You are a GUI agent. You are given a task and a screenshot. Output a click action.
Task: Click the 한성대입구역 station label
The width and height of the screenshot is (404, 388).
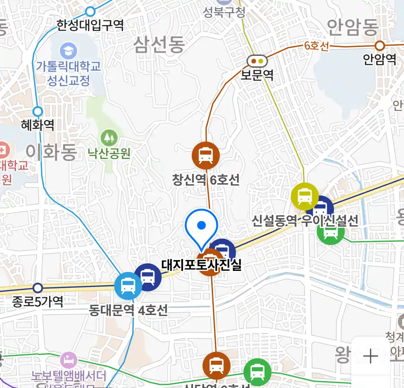tap(90, 25)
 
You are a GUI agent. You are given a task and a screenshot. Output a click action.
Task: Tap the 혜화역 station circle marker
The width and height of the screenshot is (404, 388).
tap(38, 111)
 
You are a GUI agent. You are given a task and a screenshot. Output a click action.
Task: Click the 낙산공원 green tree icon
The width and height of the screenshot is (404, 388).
tap(109, 138)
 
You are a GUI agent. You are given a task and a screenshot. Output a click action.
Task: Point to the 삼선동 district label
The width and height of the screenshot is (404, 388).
tap(159, 45)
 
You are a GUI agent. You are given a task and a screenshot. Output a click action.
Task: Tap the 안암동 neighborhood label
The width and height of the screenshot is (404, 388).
tap(353, 28)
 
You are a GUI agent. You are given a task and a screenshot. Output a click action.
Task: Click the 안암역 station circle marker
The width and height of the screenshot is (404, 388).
tap(380, 46)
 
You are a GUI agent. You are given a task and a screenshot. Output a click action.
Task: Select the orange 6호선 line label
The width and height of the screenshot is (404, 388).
tap(316, 46)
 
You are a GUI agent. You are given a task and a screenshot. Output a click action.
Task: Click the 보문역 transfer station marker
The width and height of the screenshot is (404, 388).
tap(257, 61)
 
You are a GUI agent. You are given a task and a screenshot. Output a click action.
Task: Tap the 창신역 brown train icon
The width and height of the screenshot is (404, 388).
tap(206, 155)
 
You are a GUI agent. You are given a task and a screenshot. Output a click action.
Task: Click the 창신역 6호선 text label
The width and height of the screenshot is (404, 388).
tap(206, 179)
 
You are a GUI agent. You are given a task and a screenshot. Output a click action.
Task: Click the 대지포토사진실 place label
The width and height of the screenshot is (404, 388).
tap(201, 265)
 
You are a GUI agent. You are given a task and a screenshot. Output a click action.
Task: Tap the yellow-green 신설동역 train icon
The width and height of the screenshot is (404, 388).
tap(305, 196)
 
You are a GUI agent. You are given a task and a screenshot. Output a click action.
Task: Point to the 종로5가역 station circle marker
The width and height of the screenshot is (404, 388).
tap(38, 288)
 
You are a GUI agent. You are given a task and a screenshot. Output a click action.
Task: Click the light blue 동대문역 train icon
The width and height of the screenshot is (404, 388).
tap(128, 286)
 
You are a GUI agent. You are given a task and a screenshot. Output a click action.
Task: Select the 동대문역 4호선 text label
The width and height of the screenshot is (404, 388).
tap(128, 310)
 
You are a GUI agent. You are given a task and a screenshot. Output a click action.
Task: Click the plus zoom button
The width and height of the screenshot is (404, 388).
tap(371, 357)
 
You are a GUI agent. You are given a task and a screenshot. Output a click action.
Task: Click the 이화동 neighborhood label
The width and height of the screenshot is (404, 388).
tap(51, 152)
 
